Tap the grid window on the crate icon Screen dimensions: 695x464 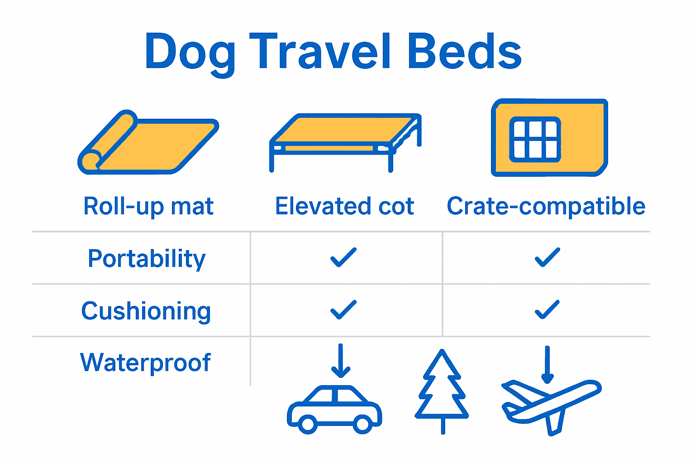(x=535, y=140)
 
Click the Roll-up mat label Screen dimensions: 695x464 (x=148, y=206)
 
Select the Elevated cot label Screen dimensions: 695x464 (x=344, y=206)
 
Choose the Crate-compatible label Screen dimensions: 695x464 (x=546, y=206)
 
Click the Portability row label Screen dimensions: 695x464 (x=147, y=259)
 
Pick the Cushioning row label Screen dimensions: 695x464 (x=146, y=311)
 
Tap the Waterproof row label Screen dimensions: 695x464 (x=145, y=362)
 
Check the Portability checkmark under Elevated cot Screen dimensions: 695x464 (x=343, y=257)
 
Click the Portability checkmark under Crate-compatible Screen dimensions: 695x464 (x=547, y=257)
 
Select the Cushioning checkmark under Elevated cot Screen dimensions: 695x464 (x=343, y=310)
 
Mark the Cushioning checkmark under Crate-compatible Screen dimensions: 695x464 (x=547, y=310)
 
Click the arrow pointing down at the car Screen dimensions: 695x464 (x=341, y=361)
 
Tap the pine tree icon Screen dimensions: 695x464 (x=442, y=391)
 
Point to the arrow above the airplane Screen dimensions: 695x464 (x=547, y=364)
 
